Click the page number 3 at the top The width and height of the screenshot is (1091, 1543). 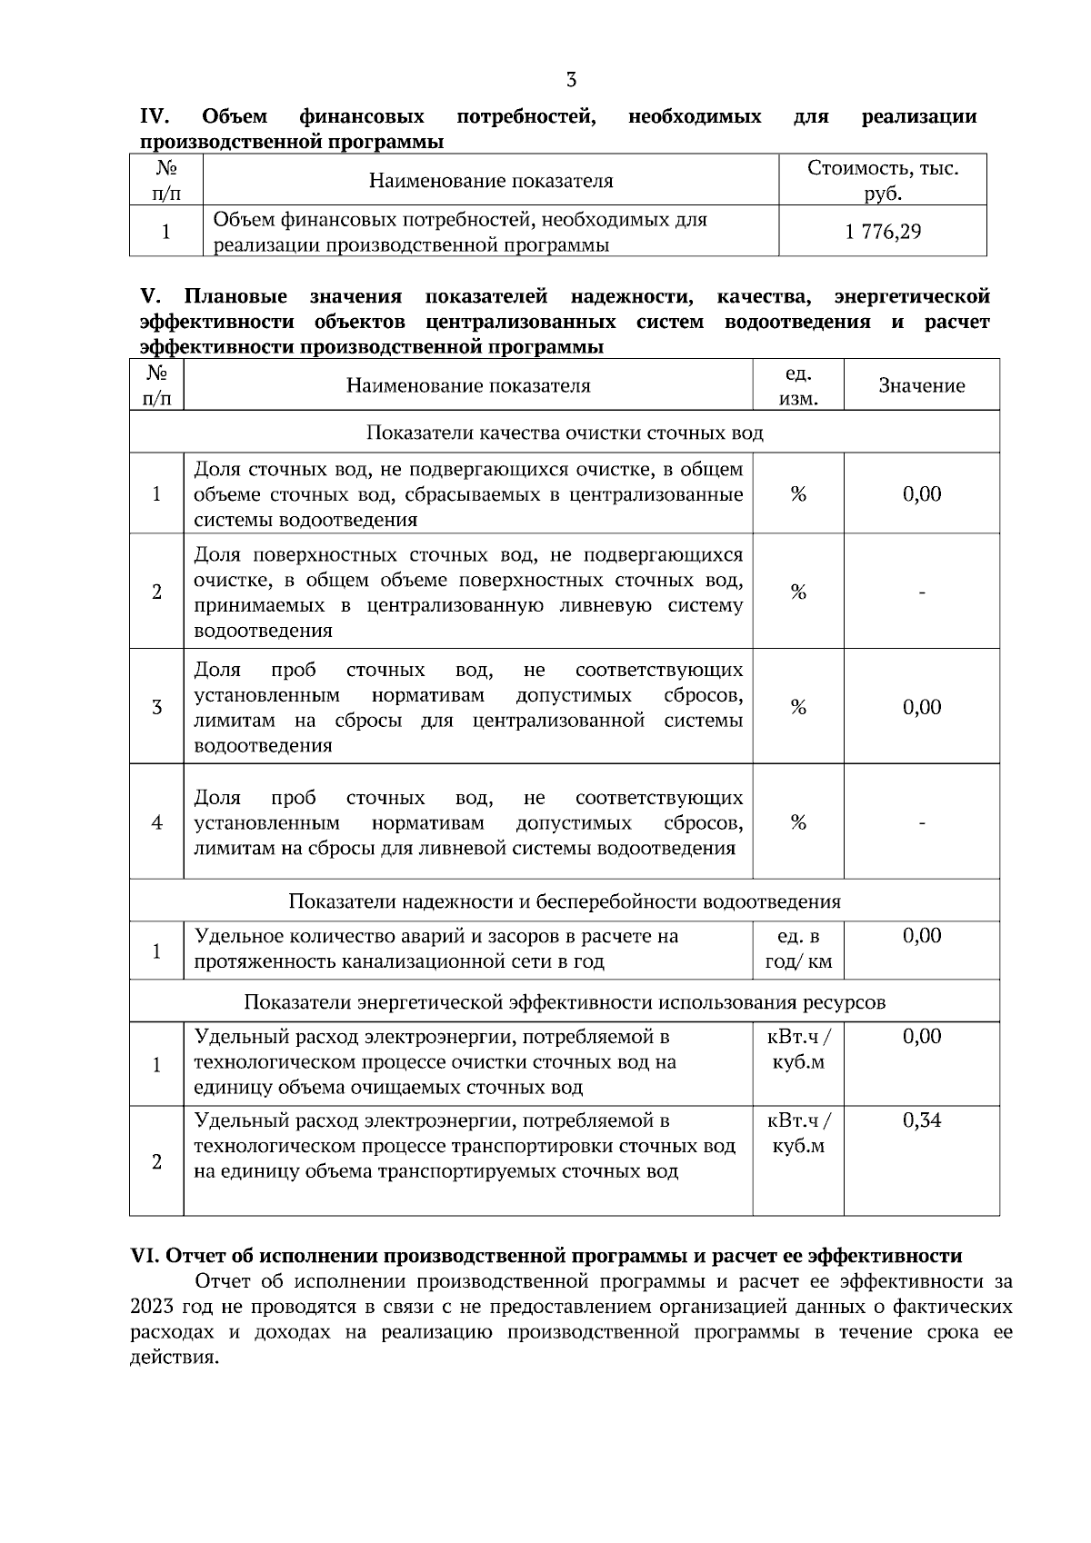tap(571, 80)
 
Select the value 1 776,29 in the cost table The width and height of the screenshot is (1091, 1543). tap(882, 232)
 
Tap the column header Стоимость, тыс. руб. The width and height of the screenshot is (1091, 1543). tap(882, 181)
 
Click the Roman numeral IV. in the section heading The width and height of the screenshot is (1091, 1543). tap(155, 116)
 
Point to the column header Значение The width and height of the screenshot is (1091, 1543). tap(921, 385)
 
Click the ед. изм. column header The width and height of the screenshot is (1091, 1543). tap(797, 385)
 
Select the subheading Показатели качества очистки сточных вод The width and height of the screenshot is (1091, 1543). tap(564, 433)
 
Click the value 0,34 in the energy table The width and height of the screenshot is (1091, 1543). tap(921, 1120)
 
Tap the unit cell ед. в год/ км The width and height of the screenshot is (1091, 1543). tap(797, 950)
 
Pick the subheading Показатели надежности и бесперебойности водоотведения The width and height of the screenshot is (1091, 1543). tap(564, 901)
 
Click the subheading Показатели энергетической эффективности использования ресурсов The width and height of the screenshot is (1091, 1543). tap(564, 1002)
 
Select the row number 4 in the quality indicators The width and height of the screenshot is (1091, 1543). tap(156, 822)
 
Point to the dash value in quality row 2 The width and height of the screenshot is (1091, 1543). tap(921, 592)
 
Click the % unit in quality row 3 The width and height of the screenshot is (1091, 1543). tap(797, 707)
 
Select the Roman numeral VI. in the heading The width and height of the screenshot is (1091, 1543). tap(145, 1256)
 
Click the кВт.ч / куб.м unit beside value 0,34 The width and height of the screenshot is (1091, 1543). tap(797, 1133)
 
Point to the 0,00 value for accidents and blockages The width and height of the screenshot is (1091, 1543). tap(921, 936)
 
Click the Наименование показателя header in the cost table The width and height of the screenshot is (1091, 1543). tap(490, 181)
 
